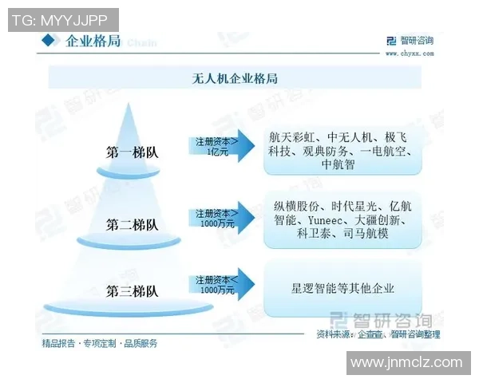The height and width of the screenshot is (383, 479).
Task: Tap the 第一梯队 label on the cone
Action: (x=133, y=152)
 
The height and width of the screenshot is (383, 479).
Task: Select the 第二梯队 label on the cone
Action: (x=133, y=225)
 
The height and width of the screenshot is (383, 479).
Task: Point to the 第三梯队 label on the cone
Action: (x=133, y=290)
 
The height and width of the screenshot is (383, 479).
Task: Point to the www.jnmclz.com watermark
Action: (x=406, y=363)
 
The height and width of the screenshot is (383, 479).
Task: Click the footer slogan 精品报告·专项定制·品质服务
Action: (x=100, y=343)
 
